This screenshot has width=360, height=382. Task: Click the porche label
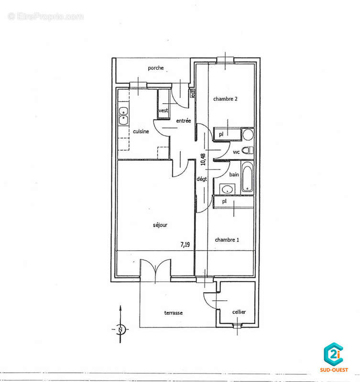(155, 68)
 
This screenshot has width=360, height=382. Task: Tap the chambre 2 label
(225, 99)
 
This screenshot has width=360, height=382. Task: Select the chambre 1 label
(227, 240)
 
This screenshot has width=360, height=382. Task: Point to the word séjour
(160, 225)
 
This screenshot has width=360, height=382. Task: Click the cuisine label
(141, 131)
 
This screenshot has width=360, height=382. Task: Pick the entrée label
(184, 121)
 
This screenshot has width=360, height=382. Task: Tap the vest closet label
(163, 110)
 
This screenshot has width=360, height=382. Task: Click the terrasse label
(173, 313)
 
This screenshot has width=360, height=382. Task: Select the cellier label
(239, 312)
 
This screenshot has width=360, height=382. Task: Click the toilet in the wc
(248, 150)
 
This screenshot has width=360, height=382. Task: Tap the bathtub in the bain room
(247, 177)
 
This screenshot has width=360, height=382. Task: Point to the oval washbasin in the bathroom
(228, 189)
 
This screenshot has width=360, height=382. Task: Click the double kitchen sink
(123, 116)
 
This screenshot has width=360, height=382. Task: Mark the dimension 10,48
(203, 159)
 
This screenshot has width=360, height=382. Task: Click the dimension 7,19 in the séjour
(185, 244)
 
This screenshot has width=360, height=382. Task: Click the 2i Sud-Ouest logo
(334, 357)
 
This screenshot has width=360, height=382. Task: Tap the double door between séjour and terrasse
(155, 269)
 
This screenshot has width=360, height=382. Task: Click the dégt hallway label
(202, 179)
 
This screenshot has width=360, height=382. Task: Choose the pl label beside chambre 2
(221, 134)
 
